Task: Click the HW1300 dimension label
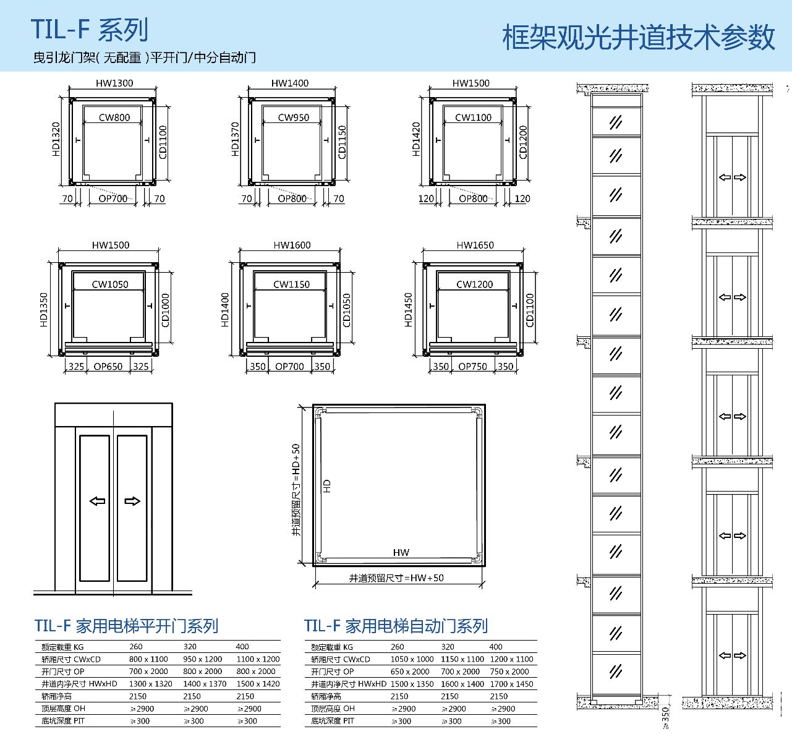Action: point(114,83)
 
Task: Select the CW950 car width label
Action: point(293,117)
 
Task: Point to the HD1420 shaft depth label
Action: point(416,139)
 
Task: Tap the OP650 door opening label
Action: point(108,366)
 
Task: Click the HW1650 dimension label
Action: point(475,245)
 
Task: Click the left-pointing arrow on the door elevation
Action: point(98,501)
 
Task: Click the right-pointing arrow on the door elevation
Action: point(132,501)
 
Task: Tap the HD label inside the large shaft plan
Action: point(327,486)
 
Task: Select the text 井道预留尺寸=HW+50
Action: point(396,578)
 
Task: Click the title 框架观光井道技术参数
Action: point(638,37)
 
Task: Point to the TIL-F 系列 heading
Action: point(90,30)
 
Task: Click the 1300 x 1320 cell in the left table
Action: point(150,684)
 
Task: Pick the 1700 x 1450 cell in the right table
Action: point(511,684)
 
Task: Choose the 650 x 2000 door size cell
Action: point(410,672)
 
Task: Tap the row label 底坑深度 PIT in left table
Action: point(63,721)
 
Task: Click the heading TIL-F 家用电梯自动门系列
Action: point(396,626)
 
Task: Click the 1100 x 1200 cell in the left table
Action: point(258,659)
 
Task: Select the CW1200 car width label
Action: point(475,284)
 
